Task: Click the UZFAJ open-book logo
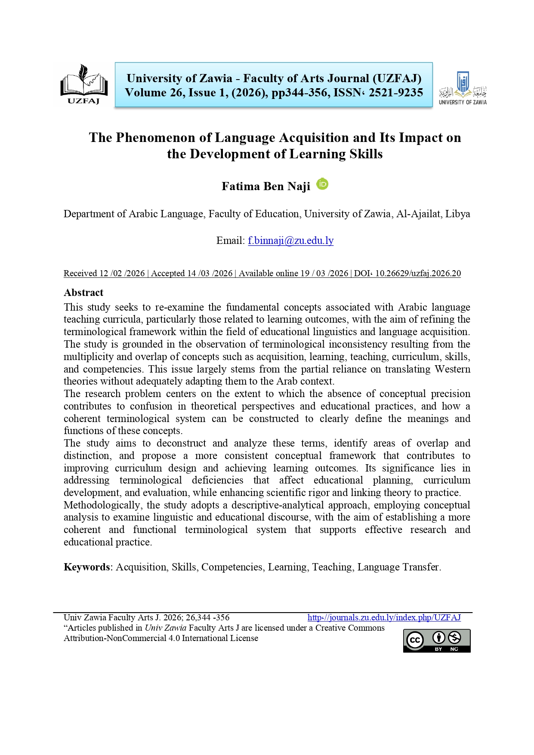pos(83,84)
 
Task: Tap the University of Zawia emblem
pos(463,88)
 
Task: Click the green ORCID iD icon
pos(322,184)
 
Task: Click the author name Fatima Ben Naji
pos(265,186)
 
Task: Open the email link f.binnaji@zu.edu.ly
pos(290,240)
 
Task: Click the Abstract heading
pos(83,293)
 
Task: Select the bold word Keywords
pos(86,567)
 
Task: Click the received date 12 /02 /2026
pos(122,273)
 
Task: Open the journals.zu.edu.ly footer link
pos(384,618)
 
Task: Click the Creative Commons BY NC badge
pos(436,641)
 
